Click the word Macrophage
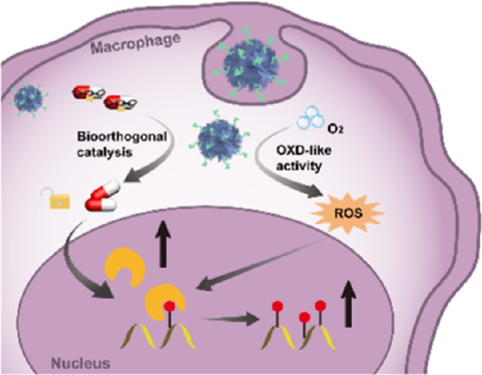coord(136,44)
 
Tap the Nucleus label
coord(80,363)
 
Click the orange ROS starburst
coord(347,213)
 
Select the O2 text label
coord(335,129)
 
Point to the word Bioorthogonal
coord(122,137)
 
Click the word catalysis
coord(104,152)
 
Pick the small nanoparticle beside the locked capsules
coord(28,98)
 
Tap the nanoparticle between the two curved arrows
coord(221,142)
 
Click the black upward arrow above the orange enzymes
coord(163,244)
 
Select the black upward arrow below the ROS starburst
coord(348,304)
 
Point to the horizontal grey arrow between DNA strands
coord(230,319)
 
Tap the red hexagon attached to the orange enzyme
coord(170,306)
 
